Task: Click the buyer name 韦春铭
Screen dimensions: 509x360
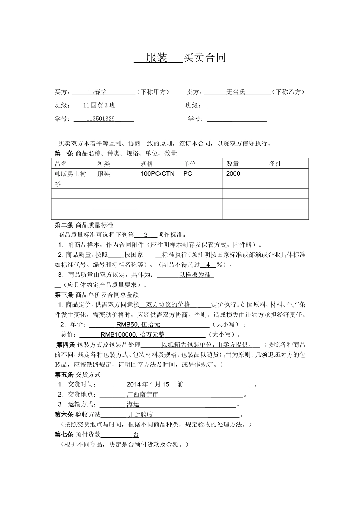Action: pyautogui.click(x=97, y=92)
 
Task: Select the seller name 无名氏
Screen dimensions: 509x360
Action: pyautogui.click(x=236, y=92)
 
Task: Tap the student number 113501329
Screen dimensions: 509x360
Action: pyautogui.click(x=100, y=119)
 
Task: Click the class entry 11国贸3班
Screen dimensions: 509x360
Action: pyautogui.click(x=99, y=105)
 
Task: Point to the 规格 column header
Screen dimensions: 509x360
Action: pyautogui.click(x=147, y=164)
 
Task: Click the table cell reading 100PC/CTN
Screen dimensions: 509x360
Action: pyautogui.click(x=158, y=174)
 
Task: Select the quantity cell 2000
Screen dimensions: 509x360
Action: pyautogui.click(x=233, y=174)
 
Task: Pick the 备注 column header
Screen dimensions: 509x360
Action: pyautogui.click(x=275, y=164)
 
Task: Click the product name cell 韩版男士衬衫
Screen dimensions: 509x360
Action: pyautogui.click(x=70, y=178)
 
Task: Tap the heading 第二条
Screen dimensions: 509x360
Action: pyautogui.click(x=64, y=225)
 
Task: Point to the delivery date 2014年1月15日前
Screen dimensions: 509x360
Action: pyautogui.click(x=155, y=384)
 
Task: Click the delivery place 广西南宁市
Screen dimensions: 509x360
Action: pyautogui.click(x=142, y=395)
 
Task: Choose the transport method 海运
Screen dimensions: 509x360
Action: pyautogui.click(x=133, y=404)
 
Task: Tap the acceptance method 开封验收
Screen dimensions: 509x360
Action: pyautogui.click(x=140, y=415)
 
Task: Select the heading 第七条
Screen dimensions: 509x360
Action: pyautogui.click(x=64, y=435)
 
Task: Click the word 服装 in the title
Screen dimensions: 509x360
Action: pyautogui.click(x=157, y=58)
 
